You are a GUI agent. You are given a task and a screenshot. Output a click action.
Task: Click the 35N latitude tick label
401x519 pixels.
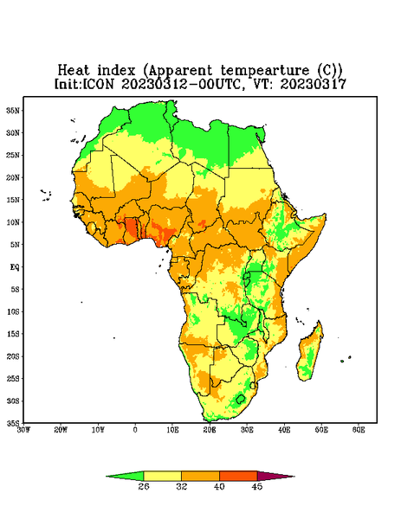pos(14,111)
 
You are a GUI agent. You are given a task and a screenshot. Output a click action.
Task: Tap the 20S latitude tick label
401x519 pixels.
pos(14,356)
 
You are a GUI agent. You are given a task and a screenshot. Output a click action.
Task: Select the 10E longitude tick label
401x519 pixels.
pos(172,430)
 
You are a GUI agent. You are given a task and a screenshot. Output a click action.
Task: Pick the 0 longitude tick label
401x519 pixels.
pos(135,430)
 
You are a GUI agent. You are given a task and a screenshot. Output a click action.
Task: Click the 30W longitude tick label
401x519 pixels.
pos(23,430)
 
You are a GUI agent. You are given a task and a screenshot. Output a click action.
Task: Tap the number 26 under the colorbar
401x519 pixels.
pos(144,486)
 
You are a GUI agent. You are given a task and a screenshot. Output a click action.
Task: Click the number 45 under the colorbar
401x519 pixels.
pos(257,486)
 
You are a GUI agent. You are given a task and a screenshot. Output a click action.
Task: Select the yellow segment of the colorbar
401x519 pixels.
pos(162,476)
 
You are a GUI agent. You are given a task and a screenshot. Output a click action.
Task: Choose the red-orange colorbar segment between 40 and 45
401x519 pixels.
pos(238,476)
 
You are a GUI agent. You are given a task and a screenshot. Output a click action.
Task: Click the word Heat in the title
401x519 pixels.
pos(74,70)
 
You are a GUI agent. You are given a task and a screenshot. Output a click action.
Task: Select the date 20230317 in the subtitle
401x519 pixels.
pos(314,84)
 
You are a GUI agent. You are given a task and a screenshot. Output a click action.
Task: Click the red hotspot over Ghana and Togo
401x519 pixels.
pos(132,227)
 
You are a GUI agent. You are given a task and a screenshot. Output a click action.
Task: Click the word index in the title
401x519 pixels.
pos(116,70)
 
